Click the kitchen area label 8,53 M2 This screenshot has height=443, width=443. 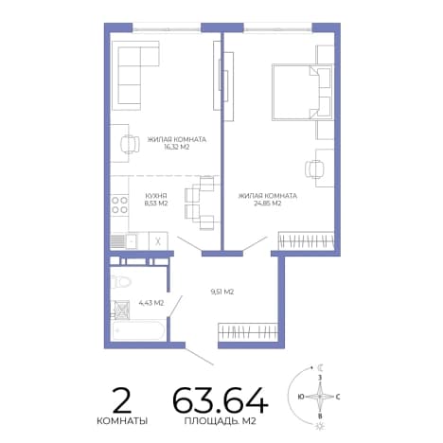point(156,204)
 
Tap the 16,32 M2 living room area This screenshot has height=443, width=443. point(177,147)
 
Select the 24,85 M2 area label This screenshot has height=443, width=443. point(268,204)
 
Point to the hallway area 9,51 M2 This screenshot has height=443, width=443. point(222,292)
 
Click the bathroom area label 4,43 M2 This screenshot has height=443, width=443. point(151,303)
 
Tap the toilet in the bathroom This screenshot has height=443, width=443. point(120,281)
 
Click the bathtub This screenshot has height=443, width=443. point(138,330)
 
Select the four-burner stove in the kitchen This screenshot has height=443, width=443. point(119,204)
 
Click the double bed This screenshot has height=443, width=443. point(302,92)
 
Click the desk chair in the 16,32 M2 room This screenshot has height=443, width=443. point(130,144)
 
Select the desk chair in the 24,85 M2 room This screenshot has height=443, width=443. point(314,168)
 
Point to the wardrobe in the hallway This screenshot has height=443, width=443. point(248,331)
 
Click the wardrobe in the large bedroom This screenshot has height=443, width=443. point(306,241)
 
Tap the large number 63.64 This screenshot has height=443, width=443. point(221,400)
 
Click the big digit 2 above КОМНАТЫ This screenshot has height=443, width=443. point(122,400)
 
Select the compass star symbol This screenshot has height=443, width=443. point(320,396)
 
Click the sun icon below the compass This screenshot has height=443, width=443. point(320,426)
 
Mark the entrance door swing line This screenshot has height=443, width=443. point(200,357)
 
